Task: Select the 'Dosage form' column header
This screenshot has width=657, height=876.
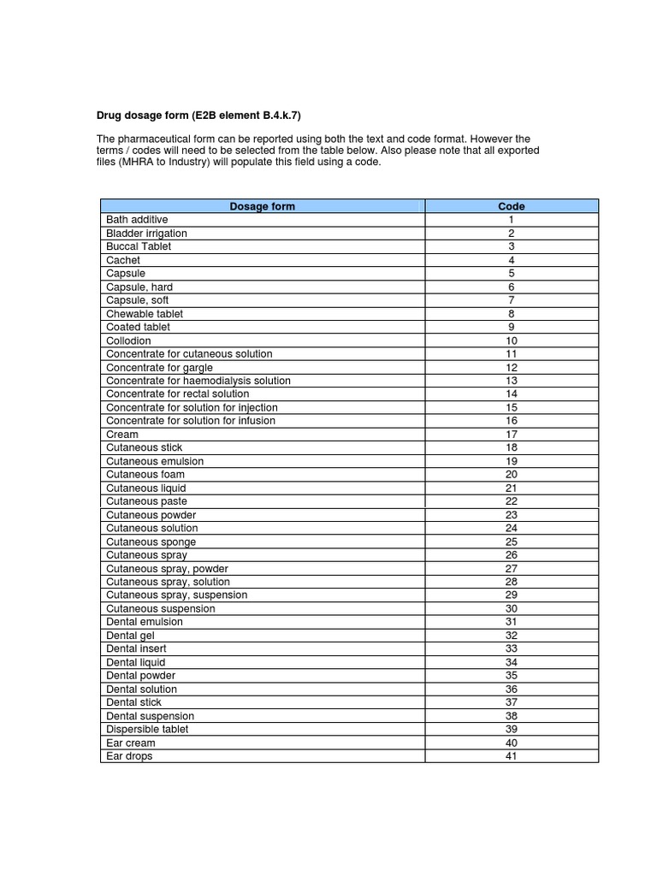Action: tap(262, 206)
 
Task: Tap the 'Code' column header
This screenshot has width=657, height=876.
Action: tap(511, 206)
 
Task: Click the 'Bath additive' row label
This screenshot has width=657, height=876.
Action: tap(137, 220)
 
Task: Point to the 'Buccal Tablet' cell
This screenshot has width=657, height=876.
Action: tap(139, 246)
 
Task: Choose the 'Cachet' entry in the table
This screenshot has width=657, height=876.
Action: tap(123, 260)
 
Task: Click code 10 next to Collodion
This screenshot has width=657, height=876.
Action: tap(511, 340)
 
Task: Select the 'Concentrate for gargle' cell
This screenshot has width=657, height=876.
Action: tap(159, 367)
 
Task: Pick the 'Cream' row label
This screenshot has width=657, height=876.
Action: tap(122, 435)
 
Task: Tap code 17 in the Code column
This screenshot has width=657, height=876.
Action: tap(511, 435)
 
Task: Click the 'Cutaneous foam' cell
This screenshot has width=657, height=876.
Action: tap(145, 475)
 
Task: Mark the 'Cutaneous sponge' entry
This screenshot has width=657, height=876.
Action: tap(151, 542)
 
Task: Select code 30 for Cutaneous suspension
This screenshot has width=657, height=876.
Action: tap(511, 609)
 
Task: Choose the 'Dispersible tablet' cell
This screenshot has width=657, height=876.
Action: tap(147, 730)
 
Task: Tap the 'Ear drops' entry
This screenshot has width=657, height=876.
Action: tap(131, 756)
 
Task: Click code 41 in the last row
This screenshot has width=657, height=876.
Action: tap(511, 756)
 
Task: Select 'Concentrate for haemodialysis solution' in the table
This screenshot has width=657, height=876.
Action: tap(198, 381)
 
